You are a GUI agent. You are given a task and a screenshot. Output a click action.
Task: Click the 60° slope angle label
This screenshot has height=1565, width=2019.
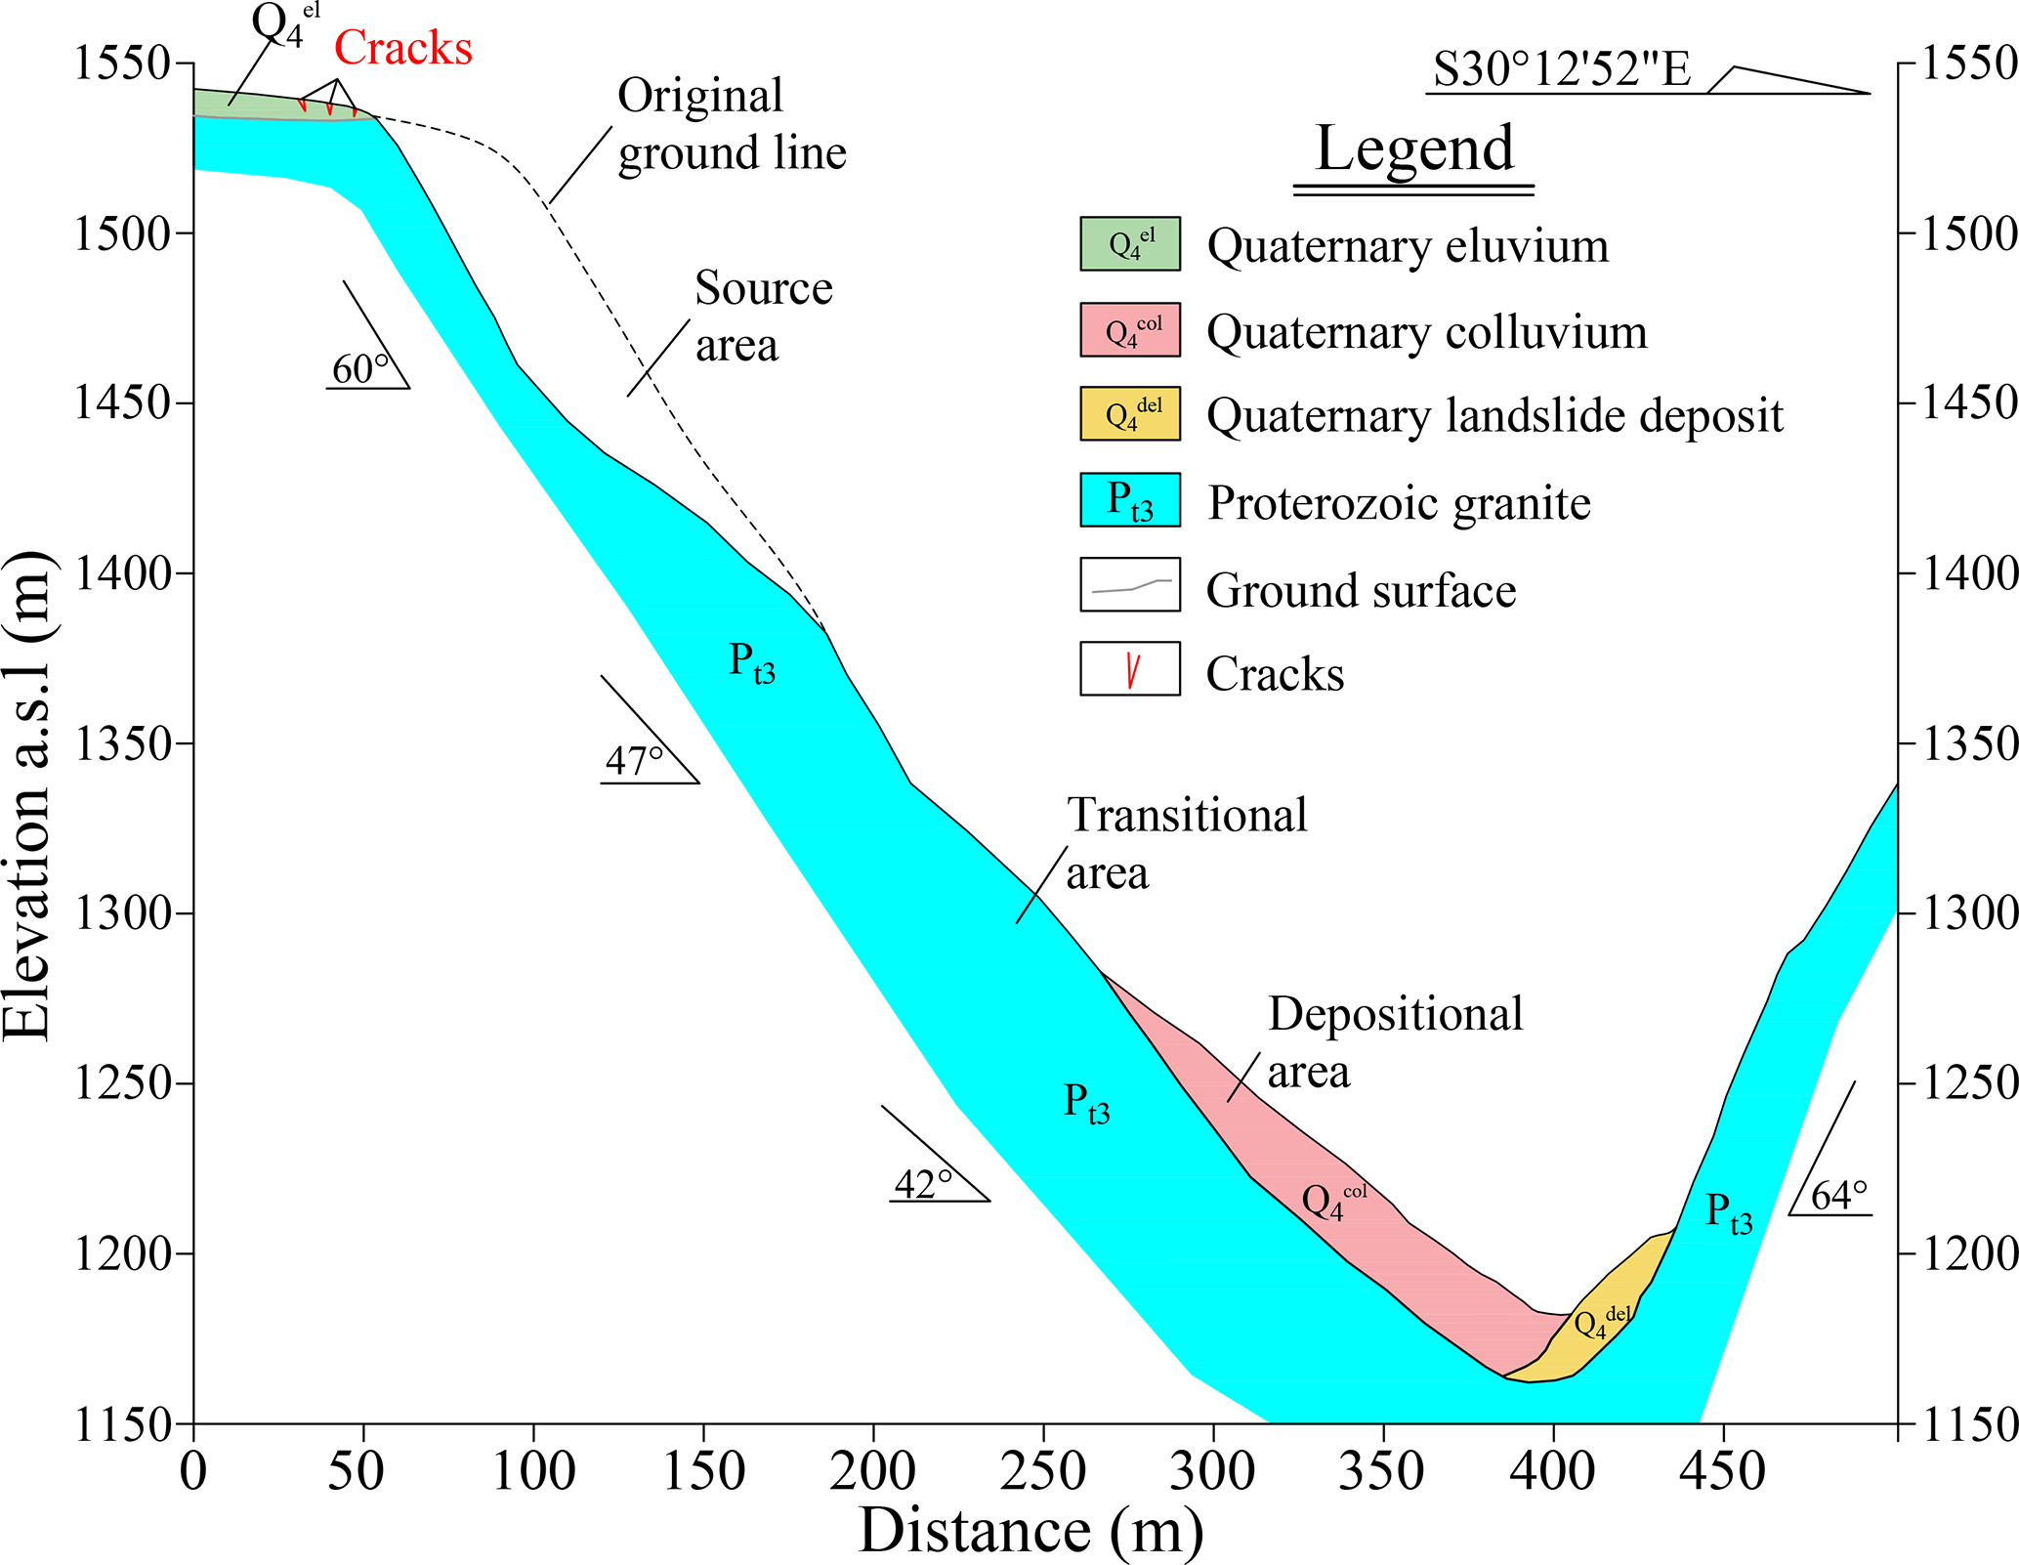click(x=359, y=369)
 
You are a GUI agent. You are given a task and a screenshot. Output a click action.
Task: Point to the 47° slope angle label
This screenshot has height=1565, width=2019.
click(x=634, y=761)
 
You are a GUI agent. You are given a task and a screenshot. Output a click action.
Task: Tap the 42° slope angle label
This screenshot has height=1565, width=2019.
click(x=923, y=1184)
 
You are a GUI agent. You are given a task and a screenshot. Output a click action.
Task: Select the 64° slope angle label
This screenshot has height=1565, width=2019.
click(x=1839, y=1196)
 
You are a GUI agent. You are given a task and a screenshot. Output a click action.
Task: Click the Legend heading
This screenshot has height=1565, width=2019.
click(x=1414, y=148)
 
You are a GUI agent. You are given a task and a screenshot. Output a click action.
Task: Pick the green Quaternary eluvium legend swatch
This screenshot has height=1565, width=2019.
click(x=1130, y=243)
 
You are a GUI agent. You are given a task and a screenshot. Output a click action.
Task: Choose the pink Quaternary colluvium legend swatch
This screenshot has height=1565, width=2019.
click(x=1130, y=330)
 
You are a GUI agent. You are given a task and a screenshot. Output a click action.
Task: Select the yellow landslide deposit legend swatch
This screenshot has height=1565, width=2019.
click(x=1130, y=414)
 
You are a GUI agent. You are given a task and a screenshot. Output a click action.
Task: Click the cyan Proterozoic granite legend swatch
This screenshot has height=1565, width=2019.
click(x=1130, y=500)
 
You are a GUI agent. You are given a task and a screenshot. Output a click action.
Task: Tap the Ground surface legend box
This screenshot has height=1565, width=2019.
click(x=1130, y=585)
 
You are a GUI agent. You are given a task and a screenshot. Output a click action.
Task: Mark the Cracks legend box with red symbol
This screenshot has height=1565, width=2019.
click(x=1130, y=669)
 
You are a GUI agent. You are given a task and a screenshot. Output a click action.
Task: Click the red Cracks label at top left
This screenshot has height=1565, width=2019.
click(x=403, y=48)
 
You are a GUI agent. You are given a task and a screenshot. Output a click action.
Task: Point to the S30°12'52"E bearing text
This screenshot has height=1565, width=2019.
click(x=1562, y=69)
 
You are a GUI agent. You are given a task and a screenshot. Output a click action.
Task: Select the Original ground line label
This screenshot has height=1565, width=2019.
click(x=731, y=124)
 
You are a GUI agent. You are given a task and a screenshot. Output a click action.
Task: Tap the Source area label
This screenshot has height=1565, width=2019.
click(x=763, y=317)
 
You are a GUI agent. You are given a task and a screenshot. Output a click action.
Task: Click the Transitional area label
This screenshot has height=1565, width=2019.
click(x=1186, y=843)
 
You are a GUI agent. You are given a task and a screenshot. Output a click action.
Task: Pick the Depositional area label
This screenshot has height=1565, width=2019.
click(x=1395, y=1042)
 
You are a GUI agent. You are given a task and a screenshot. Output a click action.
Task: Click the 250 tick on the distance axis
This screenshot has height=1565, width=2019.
click(x=1042, y=1471)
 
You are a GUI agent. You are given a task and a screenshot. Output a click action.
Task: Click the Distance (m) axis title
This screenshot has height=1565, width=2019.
click(x=1031, y=1531)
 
